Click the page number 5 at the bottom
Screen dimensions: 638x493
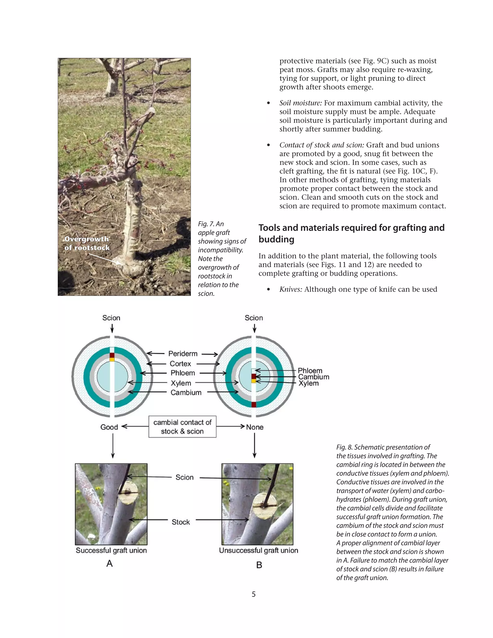tap(253, 594)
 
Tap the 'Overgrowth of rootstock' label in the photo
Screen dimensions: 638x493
tap(87, 243)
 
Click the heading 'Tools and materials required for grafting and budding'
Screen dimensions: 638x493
tap(351, 233)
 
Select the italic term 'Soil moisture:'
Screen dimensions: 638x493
tap(300, 103)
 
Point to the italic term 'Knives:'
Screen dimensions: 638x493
tap(291, 289)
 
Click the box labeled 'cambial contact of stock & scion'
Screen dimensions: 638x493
tap(182, 427)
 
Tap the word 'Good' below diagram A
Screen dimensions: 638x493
tap(109, 427)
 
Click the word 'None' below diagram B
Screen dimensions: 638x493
tap(255, 427)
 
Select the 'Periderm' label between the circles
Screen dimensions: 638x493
tap(183, 354)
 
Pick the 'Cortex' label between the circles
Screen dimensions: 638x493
tap(180, 364)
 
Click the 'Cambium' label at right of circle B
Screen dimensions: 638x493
tap(313, 377)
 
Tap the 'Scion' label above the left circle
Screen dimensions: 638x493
tap(111, 318)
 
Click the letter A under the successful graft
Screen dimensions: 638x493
tap(110, 563)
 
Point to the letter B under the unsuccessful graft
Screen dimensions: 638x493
tap(259, 565)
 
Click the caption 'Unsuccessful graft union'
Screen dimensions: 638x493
tap(259, 550)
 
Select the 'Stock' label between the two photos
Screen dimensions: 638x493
tap(181, 522)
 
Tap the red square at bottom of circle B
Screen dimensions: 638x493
tap(253, 404)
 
